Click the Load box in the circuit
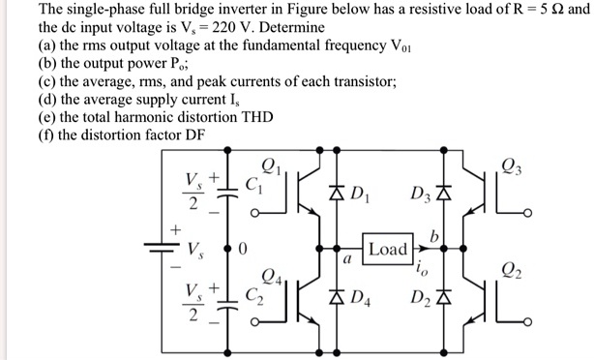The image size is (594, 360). pyautogui.click(x=388, y=249)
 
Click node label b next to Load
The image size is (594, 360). pyautogui.click(x=435, y=235)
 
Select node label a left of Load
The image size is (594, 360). pyautogui.click(x=345, y=259)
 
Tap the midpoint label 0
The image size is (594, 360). pyautogui.click(x=244, y=249)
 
